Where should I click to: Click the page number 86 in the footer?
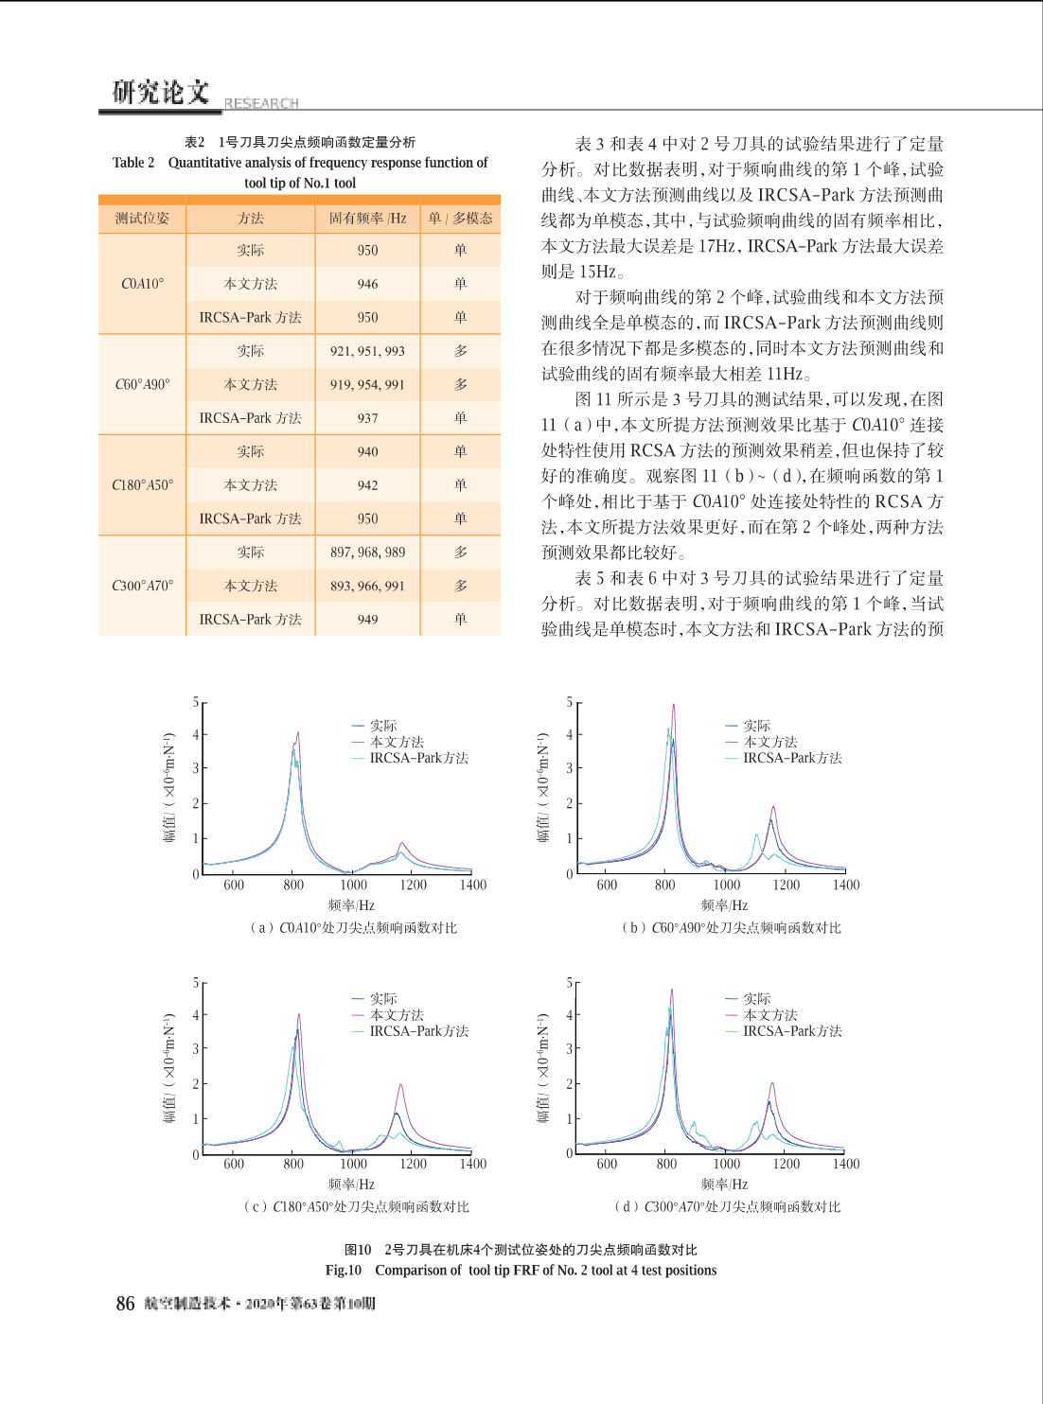125,1303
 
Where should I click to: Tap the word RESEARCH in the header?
261,103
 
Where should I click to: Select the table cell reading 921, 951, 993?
367,351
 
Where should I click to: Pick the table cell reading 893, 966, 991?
367,587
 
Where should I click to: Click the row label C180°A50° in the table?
143,485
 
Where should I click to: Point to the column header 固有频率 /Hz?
367,219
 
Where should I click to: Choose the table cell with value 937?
367,418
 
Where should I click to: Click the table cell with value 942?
367,485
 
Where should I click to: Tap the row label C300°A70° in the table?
143,587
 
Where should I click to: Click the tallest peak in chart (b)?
673,705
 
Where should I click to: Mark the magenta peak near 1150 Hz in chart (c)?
400,1085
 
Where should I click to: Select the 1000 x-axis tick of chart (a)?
353,885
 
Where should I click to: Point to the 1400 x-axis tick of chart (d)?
846,1164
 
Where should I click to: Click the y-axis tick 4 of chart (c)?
196,1015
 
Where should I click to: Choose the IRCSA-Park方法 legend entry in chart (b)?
784,758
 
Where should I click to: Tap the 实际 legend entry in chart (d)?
748,999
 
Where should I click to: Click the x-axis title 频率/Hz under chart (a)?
351,905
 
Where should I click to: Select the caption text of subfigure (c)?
357,1206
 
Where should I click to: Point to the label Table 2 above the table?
133,163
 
